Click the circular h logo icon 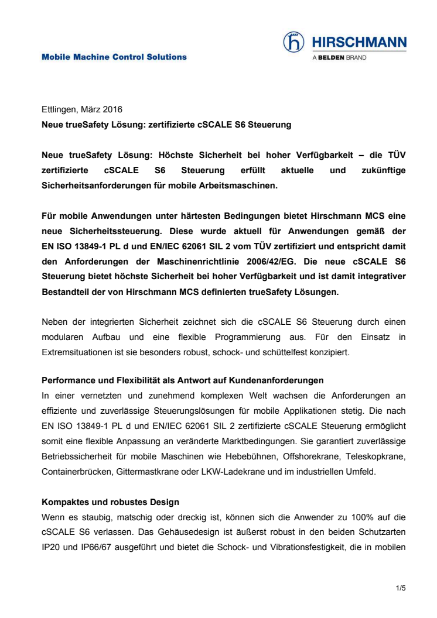293,42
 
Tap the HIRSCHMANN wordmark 359,42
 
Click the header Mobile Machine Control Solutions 114,57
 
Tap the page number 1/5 401,588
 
